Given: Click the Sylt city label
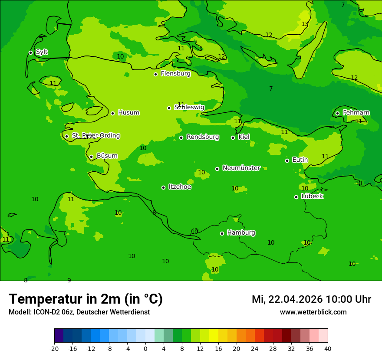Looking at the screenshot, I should [x=42, y=52].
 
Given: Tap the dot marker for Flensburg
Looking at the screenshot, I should [x=155, y=74].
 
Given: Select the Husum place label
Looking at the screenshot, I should [x=128, y=113].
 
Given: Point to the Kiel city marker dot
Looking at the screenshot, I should [x=233, y=137].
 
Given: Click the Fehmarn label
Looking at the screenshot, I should [x=356, y=113].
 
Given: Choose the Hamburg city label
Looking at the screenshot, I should [x=241, y=233].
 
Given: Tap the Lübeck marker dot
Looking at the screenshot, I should [x=296, y=197].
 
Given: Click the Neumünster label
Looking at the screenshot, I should [x=241, y=168].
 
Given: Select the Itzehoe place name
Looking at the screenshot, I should [x=180, y=187].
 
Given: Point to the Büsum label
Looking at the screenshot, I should [x=107, y=156].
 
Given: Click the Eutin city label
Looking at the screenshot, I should [x=300, y=160].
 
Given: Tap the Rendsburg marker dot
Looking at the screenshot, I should [x=181, y=137].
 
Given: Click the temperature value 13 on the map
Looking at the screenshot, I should [x=305, y=24].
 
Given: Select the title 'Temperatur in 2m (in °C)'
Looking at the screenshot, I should [x=86, y=299].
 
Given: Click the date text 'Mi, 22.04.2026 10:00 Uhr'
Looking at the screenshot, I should [x=311, y=299].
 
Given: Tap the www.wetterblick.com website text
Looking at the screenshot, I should [x=313, y=312].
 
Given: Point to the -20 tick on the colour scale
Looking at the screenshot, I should [x=54, y=348].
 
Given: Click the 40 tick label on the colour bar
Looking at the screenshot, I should [x=328, y=348].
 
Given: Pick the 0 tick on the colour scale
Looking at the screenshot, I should [x=145, y=348].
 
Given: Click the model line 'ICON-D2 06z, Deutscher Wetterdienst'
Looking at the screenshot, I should [x=79, y=312].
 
